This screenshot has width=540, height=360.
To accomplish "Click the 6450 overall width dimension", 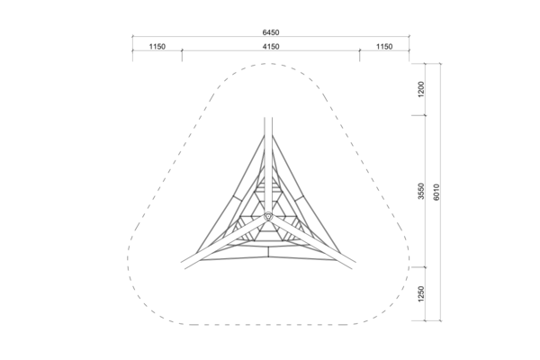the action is pos(271,32).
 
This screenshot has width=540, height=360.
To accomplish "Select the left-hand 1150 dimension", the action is pos(157,47).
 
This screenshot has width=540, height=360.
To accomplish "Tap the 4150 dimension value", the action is pos(271,47).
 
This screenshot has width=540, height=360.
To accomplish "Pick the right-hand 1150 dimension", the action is pos(384,47).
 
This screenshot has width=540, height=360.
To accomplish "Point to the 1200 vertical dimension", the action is pos(421,89).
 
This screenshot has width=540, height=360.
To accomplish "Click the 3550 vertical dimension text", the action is pos(421,191).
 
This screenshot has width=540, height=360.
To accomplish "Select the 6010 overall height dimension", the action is pos(436,192).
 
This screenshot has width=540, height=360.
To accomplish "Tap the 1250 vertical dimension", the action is pos(421,294).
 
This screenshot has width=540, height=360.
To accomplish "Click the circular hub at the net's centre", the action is pos(268,216).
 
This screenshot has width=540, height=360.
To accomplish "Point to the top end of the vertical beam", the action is pos(268,118).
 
